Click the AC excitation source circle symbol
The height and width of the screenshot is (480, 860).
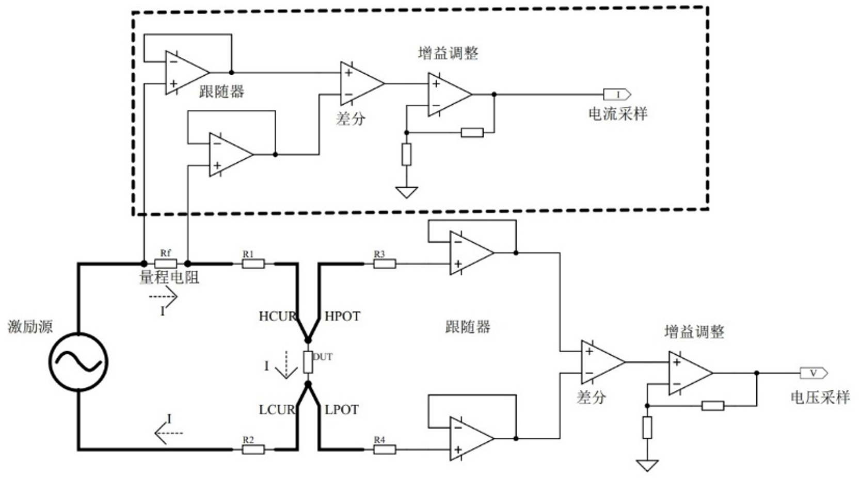pyautogui.click(x=78, y=362)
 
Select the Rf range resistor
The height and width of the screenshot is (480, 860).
pyautogui.click(x=165, y=263)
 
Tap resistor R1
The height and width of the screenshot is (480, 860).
pyautogui.click(x=253, y=264)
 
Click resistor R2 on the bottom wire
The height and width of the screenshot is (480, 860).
pyautogui.click(x=253, y=449)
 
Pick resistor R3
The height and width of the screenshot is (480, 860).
pyautogui.click(x=385, y=264)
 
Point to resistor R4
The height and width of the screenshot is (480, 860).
pyautogui.click(x=385, y=449)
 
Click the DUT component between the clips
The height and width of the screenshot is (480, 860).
pyautogui.click(x=308, y=362)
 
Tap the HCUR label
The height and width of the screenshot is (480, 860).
pyautogui.click(x=277, y=316)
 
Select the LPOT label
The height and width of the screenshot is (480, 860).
pyautogui.click(x=342, y=410)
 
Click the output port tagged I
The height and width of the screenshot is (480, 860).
pyautogui.click(x=617, y=94)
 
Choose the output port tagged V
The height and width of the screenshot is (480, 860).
pyautogui.click(x=814, y=373)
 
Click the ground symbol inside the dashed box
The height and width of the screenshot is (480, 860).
pyautogui.click(x=406, y=192)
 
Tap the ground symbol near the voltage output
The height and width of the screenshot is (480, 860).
pyautogui.click(x=647, y=465)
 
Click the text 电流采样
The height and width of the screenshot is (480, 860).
pyautogui.click(x=617, y=114)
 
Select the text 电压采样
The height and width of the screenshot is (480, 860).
pyautogui.click(x=820, y=397)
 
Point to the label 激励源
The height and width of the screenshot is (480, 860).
pyautogui.click(x=30, y=326)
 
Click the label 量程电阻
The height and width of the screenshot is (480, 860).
pyautogui.click(x=169, y=277)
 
